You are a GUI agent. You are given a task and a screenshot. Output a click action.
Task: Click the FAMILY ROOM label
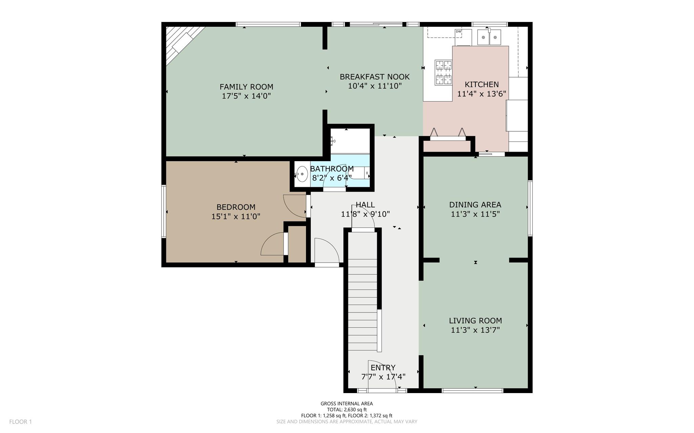pyautogui.click(x=246, y=87)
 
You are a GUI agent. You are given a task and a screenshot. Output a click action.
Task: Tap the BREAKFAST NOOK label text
pyautogui.click(x=375, y=77)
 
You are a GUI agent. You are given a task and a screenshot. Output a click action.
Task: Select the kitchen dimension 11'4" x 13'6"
pyautogui.click(x=482, y=94)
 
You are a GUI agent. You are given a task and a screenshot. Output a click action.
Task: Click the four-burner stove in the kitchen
pyautogui.click(x=444, y=72)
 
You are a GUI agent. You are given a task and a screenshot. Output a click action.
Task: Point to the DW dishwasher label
pyautogui.click(x=458, y=31)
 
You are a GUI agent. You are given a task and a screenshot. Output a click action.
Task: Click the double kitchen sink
pyautogui.click(x=489, y=37)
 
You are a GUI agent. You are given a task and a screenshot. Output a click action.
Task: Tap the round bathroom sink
pyautogui.click(x=302, y=174)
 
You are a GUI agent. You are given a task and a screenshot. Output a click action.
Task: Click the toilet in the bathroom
pyautogui.click(x=359, y=173)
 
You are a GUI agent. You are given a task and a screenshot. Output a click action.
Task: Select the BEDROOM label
pyautogui.click(x=236, y=207)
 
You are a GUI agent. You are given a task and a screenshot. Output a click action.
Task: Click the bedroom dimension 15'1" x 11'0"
pyautogui.click(x=236, y=216)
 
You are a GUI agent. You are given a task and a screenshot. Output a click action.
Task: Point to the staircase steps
pyautogui.click(x=363, y=291)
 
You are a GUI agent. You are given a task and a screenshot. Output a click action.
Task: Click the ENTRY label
pyautogui.click(x=383, y=368)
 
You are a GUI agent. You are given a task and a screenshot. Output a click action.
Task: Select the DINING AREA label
pyautogui.click(x=475, y=204)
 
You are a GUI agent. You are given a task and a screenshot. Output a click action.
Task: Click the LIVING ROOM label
pyautogui.click(x=475, y=321)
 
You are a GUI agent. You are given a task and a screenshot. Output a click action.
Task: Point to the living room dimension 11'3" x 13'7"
pyautogui.click(x=475, y=330)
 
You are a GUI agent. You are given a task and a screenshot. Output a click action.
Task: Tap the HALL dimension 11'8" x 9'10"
pyautogui.click(x=365, y=214)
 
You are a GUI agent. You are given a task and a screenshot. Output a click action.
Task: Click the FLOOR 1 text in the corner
pyautogui.click(x=20, y=422)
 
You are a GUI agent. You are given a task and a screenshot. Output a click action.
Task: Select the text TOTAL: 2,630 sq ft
pyautogui.click(x=347, y=410)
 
